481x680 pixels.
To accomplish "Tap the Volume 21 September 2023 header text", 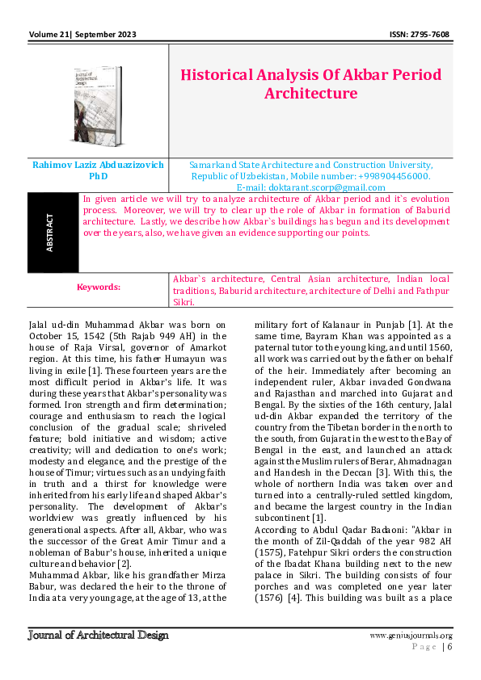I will [x=82, y=35].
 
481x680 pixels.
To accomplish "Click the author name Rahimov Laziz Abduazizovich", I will [x=98, y=164].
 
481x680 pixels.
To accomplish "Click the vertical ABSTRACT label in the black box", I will [x=51, y=232].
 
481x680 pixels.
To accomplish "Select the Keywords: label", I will [x=98, y=287].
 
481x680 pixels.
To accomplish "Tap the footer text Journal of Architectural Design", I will [x=98, y=635].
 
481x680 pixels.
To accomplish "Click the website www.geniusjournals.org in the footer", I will [x=410, y=636].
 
